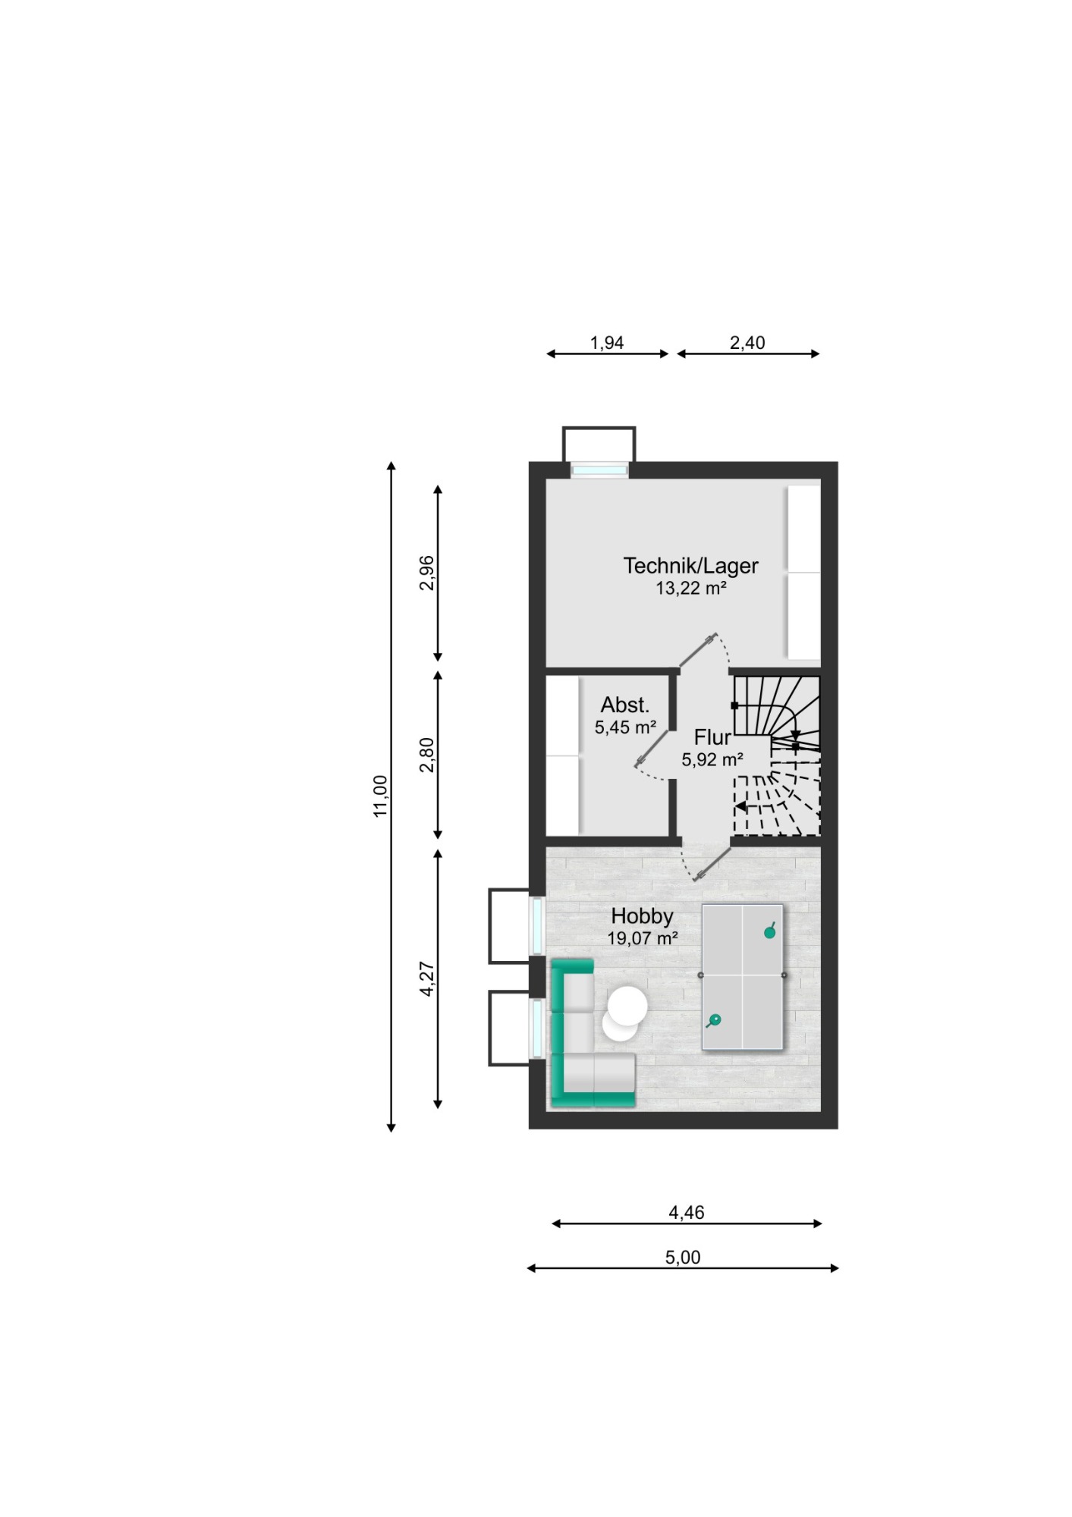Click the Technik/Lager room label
tap(690, 566)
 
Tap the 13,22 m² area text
tap(691, 588)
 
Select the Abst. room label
tap(625, 705)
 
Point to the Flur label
tap(712, 737)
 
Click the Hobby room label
tap(642, 916)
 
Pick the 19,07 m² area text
tap(642, 938)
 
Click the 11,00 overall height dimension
tap(380, 796)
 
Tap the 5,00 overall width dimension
tap(683, 1257)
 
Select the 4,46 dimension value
tap(687, 1212)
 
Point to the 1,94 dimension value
tap(607, 343)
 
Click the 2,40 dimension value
tap(747, 343)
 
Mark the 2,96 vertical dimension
tap(427, 573)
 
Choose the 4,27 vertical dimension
tap(427, 978)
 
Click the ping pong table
tap(742, 977)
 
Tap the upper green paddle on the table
tap(770, 931)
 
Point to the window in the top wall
tap(599, 470)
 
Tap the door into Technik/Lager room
tap(698, 650)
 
